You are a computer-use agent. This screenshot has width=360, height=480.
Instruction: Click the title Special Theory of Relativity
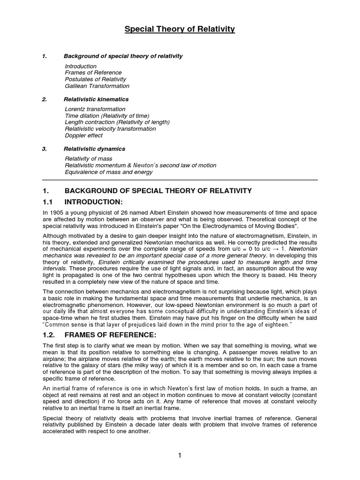coord(180,30)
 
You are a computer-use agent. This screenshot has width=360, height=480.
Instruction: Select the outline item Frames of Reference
coord(93,73)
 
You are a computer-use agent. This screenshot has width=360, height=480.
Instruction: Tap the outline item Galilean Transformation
coord(97,86)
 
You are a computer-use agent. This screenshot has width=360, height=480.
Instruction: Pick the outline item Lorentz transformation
coord(95,109)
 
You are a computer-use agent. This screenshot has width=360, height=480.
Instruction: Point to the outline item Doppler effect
coord(83,135)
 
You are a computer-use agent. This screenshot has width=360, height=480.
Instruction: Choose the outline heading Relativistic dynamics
coord(94,149)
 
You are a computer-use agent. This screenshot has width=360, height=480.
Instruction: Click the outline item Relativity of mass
coord(88,159)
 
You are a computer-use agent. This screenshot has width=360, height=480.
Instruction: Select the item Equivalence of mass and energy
coord(108,172)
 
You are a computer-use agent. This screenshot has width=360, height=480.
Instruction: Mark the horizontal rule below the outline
coord(180,180)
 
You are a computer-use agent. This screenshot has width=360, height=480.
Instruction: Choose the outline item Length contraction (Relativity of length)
coord(117,122)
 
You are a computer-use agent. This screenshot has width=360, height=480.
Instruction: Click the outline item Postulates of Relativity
coord(95,79)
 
